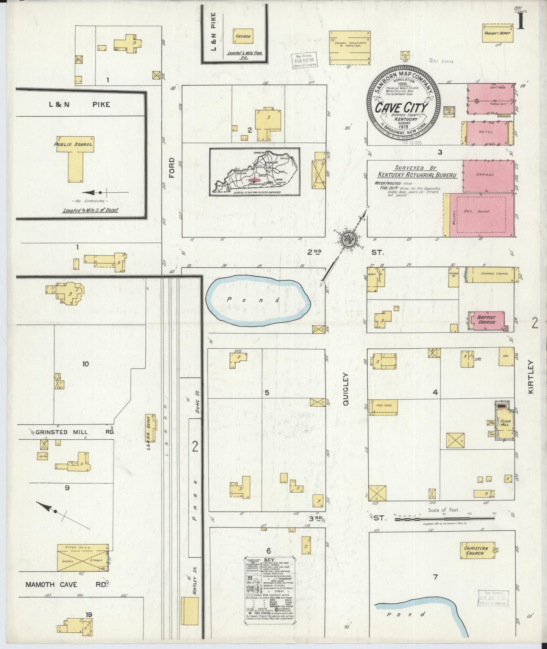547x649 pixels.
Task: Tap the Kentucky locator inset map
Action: [255, 172]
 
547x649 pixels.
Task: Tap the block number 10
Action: [86, 364]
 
